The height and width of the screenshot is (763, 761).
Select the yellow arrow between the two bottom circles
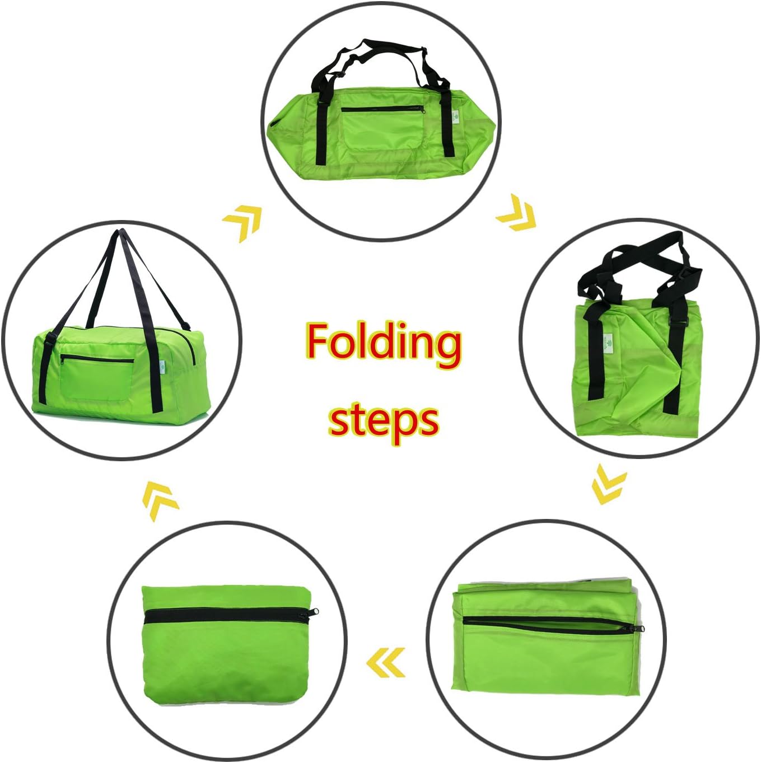click(x=385, y=662)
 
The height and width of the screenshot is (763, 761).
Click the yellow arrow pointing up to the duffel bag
click(x=161, y=501)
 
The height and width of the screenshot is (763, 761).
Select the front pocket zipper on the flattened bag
click(x=383, y=109)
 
